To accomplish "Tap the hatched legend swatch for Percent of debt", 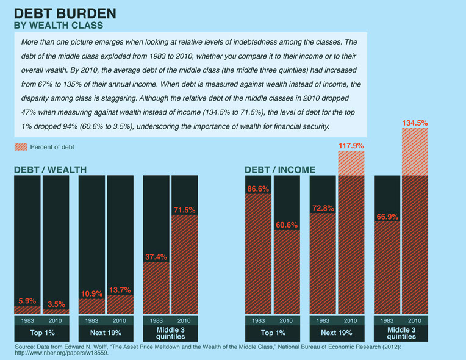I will [20, 147].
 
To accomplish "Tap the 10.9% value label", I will [91, 293].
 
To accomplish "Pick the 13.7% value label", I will [121, 289].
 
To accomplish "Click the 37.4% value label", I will [155, 257].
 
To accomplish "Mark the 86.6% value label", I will [258, 189].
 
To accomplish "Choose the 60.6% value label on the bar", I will [285, 225].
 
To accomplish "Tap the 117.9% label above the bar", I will [350, 146].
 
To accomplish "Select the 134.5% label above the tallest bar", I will [415, 123].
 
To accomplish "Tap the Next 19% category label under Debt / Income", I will [336, 333].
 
